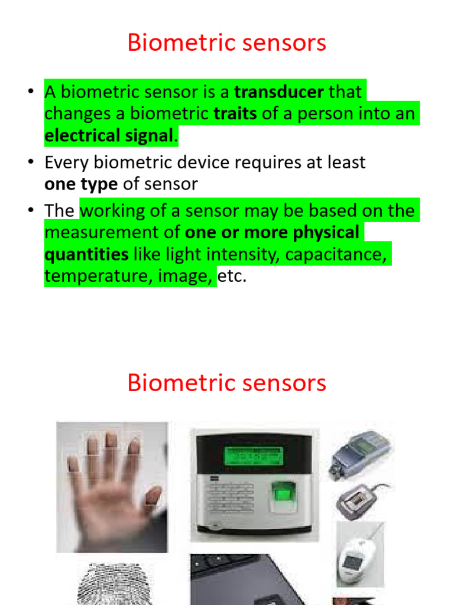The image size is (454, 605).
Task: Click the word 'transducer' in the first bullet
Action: pos(279,93)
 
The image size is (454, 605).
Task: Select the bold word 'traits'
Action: pos(235,114)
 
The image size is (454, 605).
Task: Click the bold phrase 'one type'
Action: pos(81,184)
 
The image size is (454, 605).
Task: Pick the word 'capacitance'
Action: pos(336,255)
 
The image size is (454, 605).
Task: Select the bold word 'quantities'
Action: pos(86,255)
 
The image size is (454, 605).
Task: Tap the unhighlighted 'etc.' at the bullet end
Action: pos(232,276)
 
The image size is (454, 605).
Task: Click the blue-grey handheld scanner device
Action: pos(361,452)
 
